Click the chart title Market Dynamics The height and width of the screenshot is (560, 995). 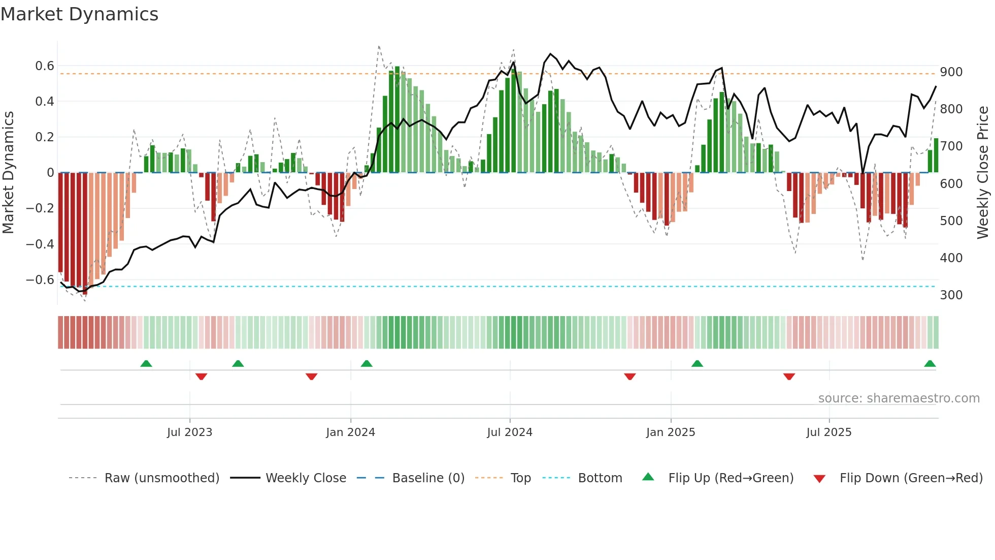pos(79,14)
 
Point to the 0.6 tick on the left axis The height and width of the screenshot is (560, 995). pos(45,66)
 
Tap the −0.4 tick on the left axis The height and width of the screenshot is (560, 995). pos(40,244)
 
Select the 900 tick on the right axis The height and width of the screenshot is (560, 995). pos(951,72)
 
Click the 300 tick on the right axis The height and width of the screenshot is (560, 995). pos(951,295)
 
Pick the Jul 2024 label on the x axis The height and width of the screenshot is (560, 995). pos(510,432)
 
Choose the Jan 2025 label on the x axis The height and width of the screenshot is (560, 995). pos(670,432)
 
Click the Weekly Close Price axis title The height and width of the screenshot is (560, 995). pos(983,173)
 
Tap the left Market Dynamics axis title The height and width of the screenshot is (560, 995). pos(9,173)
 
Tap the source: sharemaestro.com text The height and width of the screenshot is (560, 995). pos(899,398)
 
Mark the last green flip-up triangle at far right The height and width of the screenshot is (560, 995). pos(930,364)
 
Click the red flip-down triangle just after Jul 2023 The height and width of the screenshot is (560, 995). pos(201,377)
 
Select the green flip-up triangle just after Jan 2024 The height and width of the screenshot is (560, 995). pos(367,364)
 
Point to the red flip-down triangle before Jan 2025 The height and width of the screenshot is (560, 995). pos(629,377)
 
